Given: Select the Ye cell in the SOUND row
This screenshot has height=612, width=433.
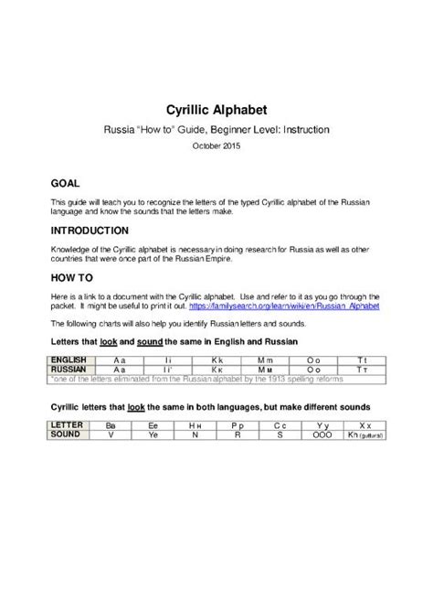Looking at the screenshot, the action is coord(153,435).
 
